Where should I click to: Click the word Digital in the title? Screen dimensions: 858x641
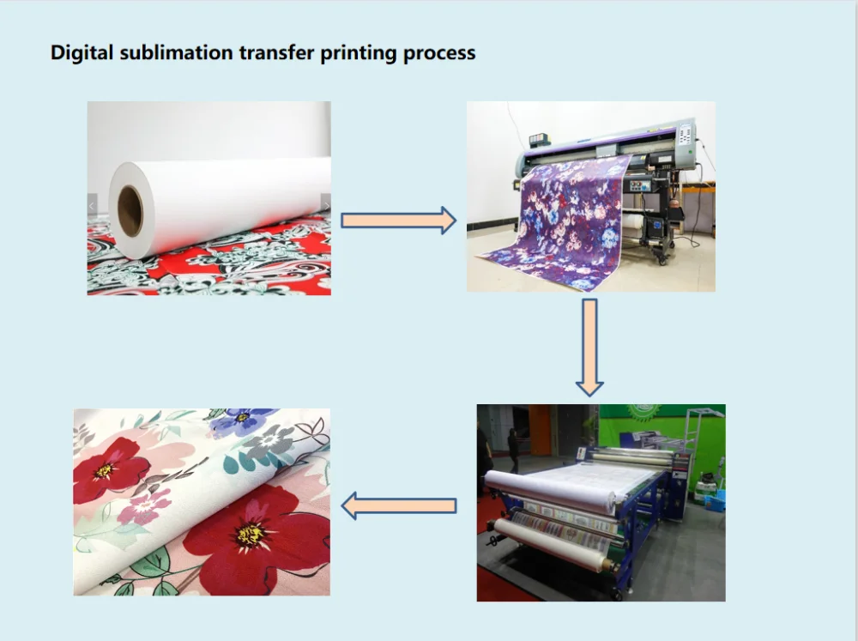pos(82,52)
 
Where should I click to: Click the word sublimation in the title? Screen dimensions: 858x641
pos(176,52)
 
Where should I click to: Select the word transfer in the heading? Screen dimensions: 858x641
pos(276,52)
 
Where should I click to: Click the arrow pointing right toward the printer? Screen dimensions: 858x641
pos(398,220)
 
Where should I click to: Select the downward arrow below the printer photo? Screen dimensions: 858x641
pos(589,347)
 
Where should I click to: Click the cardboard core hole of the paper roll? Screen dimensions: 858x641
pos(130,211)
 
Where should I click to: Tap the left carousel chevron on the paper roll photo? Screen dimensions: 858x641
pos(92,206)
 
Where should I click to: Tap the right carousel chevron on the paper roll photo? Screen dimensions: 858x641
pos(326,206)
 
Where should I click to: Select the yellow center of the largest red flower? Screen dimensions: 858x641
pos(251,535)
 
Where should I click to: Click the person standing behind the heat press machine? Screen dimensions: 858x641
pos(513,449)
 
